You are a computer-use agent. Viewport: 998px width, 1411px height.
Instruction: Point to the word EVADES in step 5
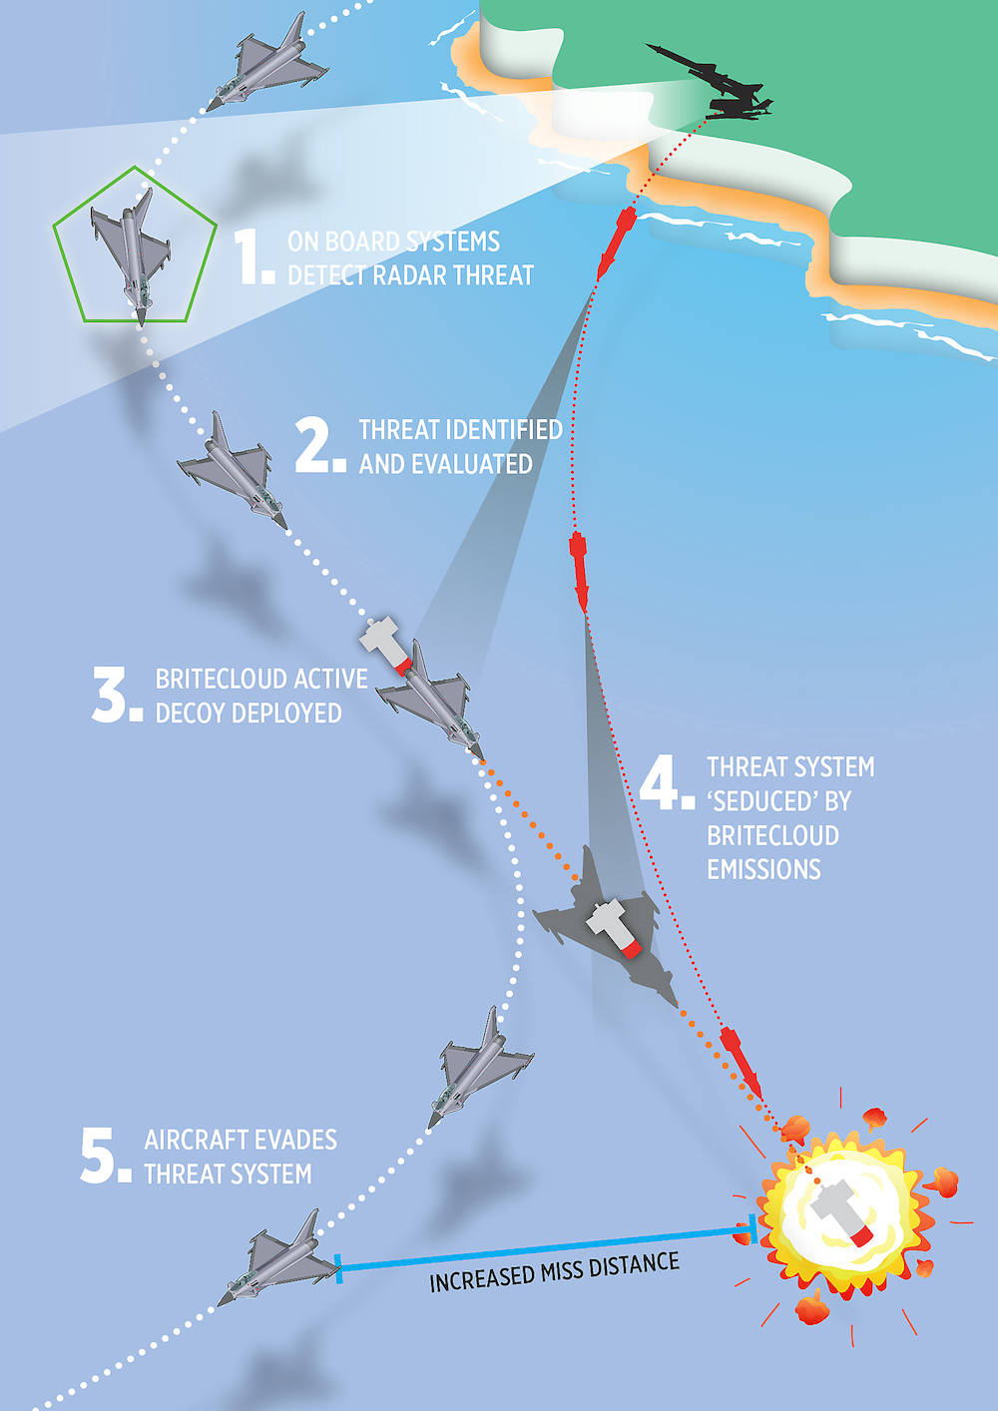click(296, 1141)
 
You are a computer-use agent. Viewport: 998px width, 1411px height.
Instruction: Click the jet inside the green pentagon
click(131, 256)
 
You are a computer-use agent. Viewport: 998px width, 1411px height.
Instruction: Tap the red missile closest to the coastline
click(615, 242)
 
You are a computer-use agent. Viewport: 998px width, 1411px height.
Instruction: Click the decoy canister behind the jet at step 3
click(385, 645)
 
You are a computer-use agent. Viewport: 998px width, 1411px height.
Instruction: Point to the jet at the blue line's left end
click(278, 1258)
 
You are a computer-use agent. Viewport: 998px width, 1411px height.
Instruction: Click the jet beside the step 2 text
click(233, 471)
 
